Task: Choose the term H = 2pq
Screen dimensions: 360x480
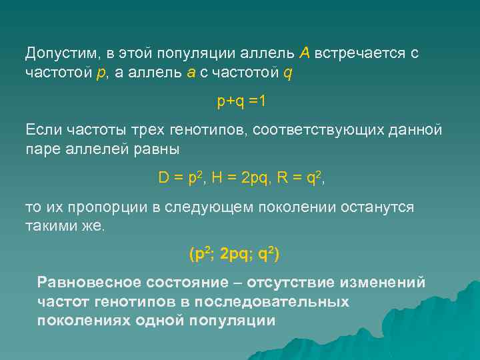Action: pos(242,178)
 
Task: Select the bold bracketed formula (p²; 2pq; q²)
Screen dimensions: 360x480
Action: pos(235,254)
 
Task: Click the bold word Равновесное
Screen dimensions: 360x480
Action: pos(89,283)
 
